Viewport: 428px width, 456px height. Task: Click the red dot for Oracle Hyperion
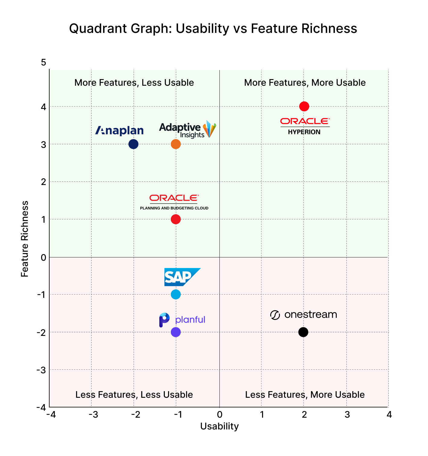point(304,106)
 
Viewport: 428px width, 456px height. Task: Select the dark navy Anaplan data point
point(133,144)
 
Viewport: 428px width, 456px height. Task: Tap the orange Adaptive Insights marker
point(176,144)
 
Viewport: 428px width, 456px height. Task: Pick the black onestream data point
point(303,332)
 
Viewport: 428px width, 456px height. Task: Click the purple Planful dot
point(176,332)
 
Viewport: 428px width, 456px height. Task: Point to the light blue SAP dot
point(176,294)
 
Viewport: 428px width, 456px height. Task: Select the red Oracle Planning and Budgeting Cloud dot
point(176,219)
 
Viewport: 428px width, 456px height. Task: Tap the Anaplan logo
point(119,130)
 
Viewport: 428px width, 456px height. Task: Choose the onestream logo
point(303,315)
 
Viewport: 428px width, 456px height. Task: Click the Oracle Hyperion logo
point(305,126)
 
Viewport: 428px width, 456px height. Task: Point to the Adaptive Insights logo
point(187,129)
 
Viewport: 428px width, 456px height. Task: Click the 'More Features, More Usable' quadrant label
point(305,83)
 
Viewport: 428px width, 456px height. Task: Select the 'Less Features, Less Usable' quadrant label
point(134,395)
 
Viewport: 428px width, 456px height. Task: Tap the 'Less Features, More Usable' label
point(305,395)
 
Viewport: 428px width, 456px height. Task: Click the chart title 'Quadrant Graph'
point(213,29)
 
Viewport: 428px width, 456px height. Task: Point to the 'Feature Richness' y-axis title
point(25,239)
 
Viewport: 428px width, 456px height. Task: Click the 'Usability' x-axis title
point(219,426)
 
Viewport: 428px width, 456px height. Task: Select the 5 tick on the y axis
point(44,62)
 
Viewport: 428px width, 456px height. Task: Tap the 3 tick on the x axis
point(347,415)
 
